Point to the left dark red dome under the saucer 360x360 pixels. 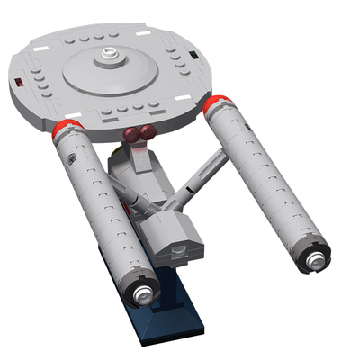coord(134,137)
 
